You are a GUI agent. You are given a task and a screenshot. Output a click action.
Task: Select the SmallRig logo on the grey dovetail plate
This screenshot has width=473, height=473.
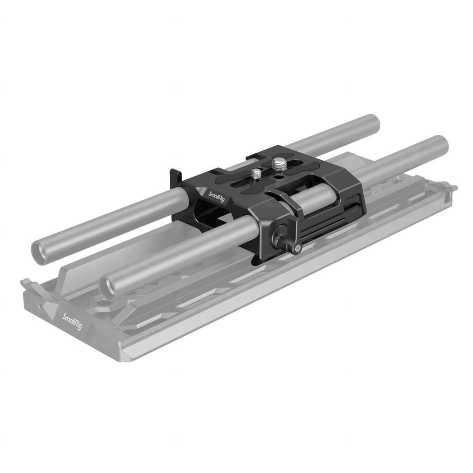pos(75,322)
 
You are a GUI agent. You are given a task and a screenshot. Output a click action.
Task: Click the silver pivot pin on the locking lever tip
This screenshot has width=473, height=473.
pos(297,247)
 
